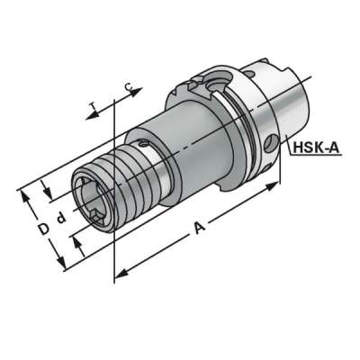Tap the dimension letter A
[200, 231]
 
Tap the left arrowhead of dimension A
[119, 267]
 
